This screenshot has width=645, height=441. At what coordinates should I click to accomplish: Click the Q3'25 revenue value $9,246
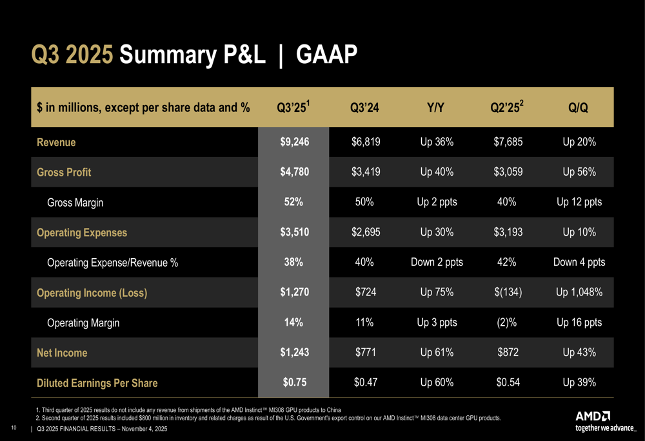293,142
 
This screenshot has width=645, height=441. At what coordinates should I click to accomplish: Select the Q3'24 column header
364,108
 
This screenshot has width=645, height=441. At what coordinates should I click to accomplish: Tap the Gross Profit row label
64,173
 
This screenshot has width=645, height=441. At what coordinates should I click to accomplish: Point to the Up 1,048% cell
579,293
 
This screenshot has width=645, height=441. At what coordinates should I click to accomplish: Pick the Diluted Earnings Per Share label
97,383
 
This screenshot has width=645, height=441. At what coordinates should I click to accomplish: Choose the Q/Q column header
578,108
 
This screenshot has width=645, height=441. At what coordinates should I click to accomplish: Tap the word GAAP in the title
326,55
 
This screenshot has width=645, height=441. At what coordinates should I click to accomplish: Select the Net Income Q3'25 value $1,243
293,353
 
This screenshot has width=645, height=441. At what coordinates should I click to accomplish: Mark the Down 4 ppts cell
579,263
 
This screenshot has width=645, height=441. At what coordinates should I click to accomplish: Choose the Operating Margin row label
83,323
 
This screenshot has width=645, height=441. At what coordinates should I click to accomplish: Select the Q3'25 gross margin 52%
294,202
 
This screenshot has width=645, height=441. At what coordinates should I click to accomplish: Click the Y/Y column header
437,108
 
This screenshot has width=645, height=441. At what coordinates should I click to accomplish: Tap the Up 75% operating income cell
437,293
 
